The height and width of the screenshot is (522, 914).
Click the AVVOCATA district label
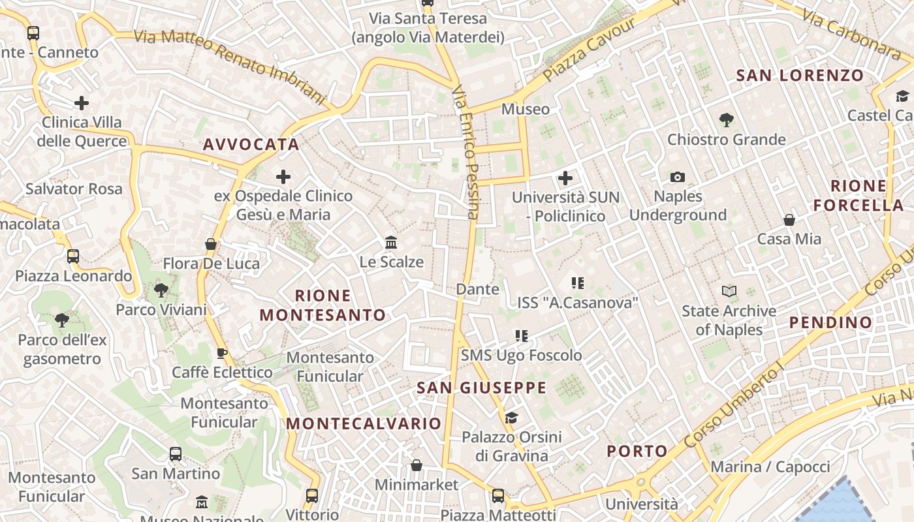[x=251, y=144]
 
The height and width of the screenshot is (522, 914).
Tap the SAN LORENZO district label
[x=800, y=75]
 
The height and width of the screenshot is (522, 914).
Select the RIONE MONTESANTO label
[x=323, y=305]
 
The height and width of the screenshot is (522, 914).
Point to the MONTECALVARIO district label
[x=364, y=423]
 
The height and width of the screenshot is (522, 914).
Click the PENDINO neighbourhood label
[x=830, y=322]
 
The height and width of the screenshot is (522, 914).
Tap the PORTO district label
[x=637, y=451]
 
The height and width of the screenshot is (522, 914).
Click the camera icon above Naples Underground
[x=678, y=177]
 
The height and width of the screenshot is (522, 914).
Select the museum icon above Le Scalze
[x=391, y=243]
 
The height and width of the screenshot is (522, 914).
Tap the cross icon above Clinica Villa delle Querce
[x=82, y=103]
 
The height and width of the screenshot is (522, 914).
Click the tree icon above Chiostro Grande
[x=726, y=120]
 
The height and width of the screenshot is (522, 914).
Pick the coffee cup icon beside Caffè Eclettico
[x=222, y=354]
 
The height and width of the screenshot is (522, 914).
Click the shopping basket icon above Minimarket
[x=417, y=466]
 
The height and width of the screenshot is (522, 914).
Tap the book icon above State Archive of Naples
[x=729, y=292]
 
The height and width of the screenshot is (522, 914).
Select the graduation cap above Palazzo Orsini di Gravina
[x=511, y=418]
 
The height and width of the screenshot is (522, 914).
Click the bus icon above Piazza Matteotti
[x=498, y=496]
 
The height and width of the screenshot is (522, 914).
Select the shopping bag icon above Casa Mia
[x=789, y=220]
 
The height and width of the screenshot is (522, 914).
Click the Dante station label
[x=478, y=289]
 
